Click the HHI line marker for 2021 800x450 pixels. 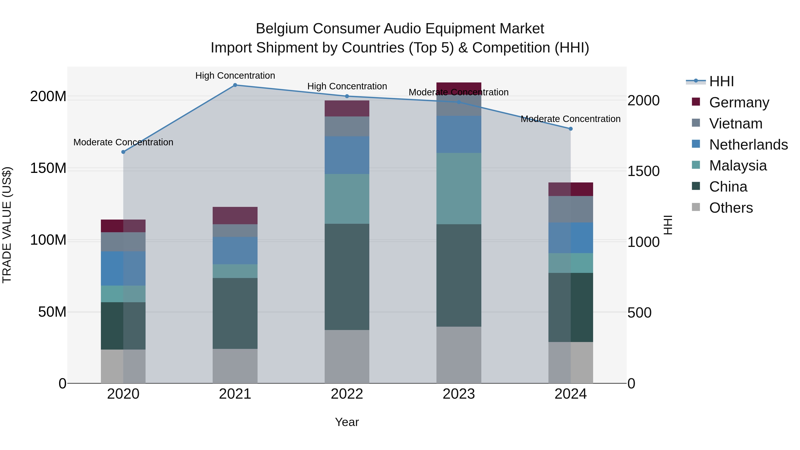coord(235,85)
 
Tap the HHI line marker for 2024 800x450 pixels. coord(570,129)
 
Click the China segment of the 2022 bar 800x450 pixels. coord(347,277)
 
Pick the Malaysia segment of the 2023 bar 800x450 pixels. coord(459,188)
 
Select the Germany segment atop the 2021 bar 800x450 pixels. coord(235,216)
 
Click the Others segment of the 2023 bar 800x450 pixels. coord(459,355)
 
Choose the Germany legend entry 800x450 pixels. coord(739,102)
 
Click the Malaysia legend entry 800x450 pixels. coord(738,166)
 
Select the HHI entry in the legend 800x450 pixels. coord(721,81)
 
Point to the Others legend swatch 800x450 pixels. coord(696,207)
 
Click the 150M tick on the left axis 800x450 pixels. coord(48,168)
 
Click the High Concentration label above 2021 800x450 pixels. coord(235,76)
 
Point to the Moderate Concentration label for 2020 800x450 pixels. coord(123,142)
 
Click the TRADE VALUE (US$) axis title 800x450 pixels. coord(7,225)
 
